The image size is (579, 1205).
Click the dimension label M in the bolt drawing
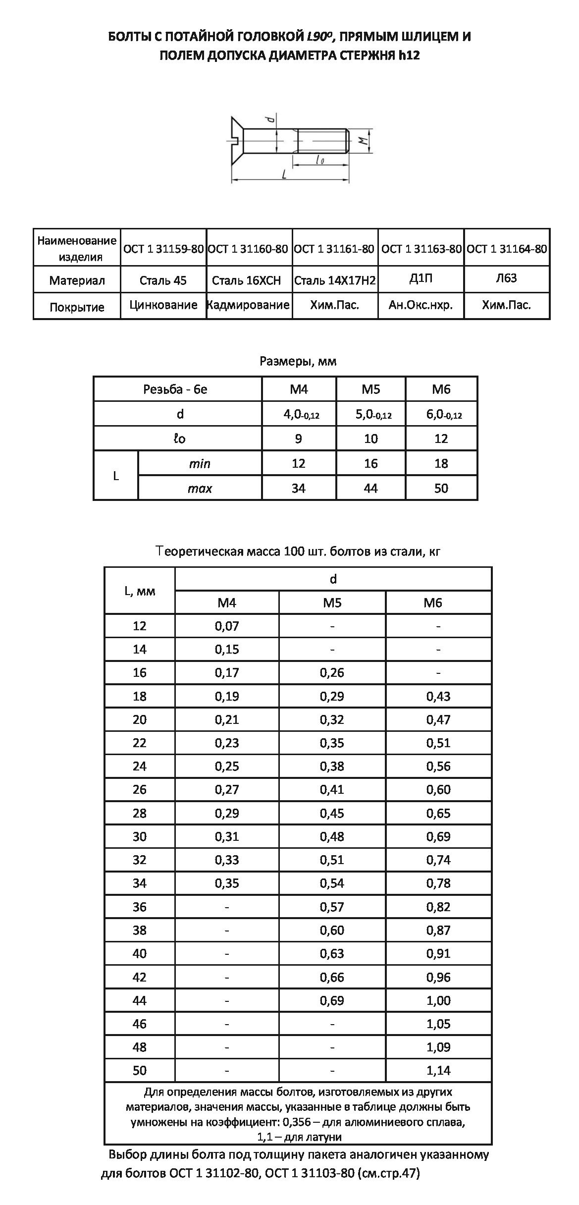click(364, 141)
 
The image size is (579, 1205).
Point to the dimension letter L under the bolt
click(284, 174)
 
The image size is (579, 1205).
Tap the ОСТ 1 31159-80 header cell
click(163, 248)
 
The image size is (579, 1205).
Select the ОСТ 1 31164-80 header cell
click(507, 248)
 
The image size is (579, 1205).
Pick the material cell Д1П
click(421, 278)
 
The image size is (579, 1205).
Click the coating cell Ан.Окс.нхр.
click(421, 305)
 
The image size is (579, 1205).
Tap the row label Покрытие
click(77, 307)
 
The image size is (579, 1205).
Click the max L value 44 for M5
click(370, 489)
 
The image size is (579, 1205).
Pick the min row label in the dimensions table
click(200, 464)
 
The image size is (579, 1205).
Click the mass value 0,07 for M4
click(227, 626)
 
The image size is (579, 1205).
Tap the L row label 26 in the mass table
click(140, 790)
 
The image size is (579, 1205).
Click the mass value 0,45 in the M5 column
click(332, 813)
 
